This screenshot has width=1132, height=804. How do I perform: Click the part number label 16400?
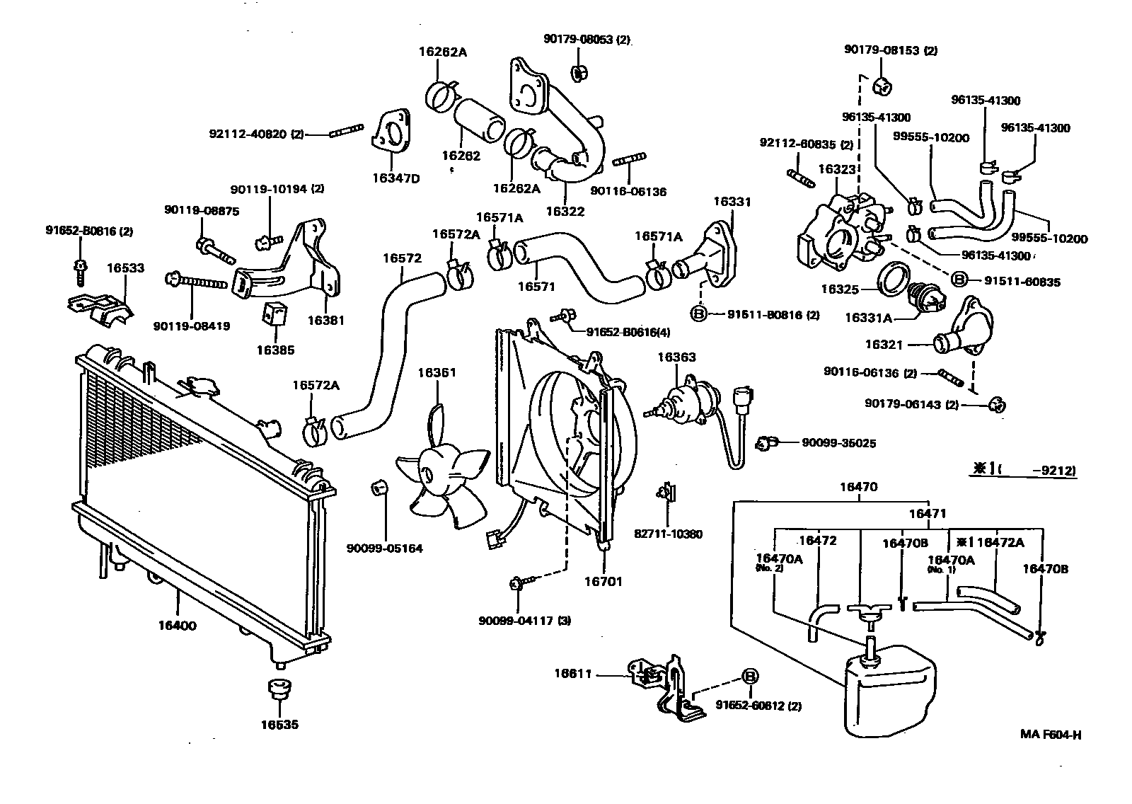tap(177, 626)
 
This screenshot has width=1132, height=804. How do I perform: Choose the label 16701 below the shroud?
tap(603, 582)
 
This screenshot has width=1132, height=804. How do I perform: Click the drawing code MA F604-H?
tap(1050, 734)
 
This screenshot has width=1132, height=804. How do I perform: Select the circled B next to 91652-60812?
tap(749, 676)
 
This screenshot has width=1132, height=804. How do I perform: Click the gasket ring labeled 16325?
tap(895, 280)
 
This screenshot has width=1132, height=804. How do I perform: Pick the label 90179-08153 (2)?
tap(890, 50)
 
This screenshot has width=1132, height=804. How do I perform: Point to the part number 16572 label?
tap(402, 258)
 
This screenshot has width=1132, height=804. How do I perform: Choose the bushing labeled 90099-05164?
tap(380, 488)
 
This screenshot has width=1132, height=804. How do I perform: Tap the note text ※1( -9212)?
tap(1023, 469)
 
